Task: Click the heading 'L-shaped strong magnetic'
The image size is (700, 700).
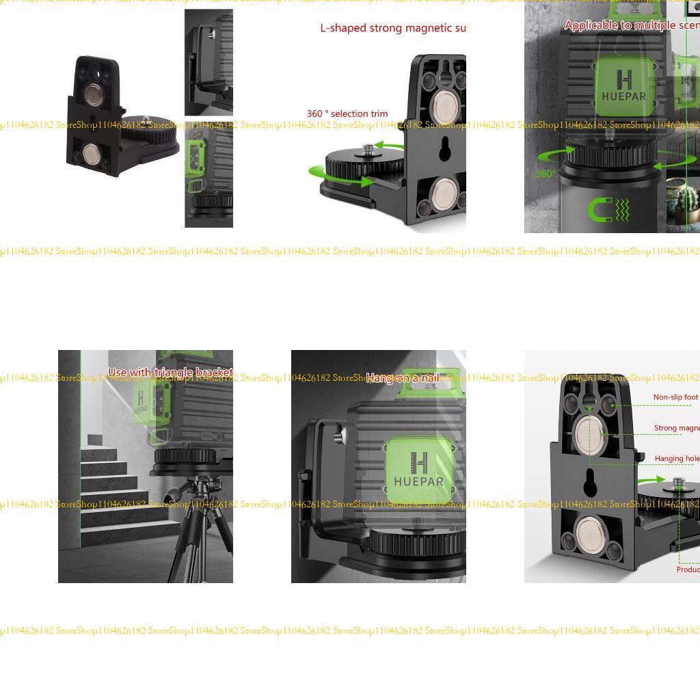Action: (x=392, y=28)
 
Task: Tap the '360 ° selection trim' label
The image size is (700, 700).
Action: (x=347, y=113)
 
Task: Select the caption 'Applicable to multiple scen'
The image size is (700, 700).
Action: (x=630, y=25)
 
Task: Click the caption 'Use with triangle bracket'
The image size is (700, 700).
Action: (x=170, y=373)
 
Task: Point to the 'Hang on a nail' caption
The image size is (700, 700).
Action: (x=402, y=377)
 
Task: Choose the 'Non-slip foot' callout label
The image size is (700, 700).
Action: (x=675, y=397)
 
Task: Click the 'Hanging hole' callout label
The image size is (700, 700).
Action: (x=676, y=459)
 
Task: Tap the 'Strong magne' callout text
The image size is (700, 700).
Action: (x=676, y=429)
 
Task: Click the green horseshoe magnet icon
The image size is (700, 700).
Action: (x=602, y=209)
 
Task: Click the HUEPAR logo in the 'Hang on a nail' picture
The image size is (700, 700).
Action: (x=418, y=470)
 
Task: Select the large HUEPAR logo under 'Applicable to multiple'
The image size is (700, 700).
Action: (x=623, y=86)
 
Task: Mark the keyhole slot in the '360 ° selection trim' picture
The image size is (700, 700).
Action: (x=444, y=148)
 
